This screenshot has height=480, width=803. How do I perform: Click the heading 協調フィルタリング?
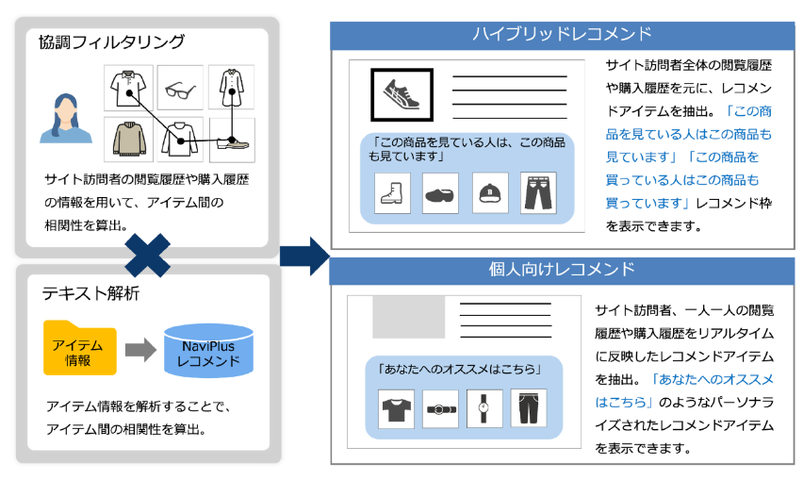pos(111,43)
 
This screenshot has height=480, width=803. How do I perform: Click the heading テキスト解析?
pos(90,293)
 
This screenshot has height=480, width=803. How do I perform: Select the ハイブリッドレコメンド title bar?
pos(562,35)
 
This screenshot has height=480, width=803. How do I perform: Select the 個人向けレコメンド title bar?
pos(562,270)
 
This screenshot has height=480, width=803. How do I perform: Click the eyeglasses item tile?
pos(179,89)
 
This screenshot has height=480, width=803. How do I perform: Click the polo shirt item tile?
pos(127,89)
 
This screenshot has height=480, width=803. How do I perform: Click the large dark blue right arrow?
pos(303,255)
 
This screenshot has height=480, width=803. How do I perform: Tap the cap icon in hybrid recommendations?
pos(490,191)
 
